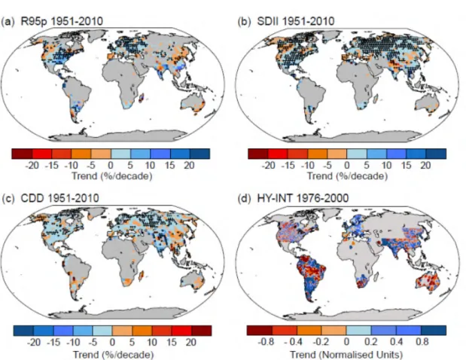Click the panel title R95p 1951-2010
pos(62,21)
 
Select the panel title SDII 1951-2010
pos(295,21)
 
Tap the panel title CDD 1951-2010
pos(59,198)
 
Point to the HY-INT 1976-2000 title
pos(303,198)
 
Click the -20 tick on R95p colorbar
pos(32,165)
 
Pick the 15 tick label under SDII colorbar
pos(406,165)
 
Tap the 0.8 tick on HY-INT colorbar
pos(422,342)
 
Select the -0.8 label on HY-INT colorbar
pos(266,342)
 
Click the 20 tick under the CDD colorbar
pos(190,342)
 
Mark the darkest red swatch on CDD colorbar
pos(202,331)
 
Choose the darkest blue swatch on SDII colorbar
pos(436,154)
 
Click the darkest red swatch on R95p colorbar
pos(22,154)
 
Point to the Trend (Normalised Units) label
pos(346,355)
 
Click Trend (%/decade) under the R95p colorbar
pos(112,176)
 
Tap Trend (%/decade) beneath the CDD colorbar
pos(113,355)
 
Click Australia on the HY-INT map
pos(428,282)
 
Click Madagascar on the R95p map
pos(142,97)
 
